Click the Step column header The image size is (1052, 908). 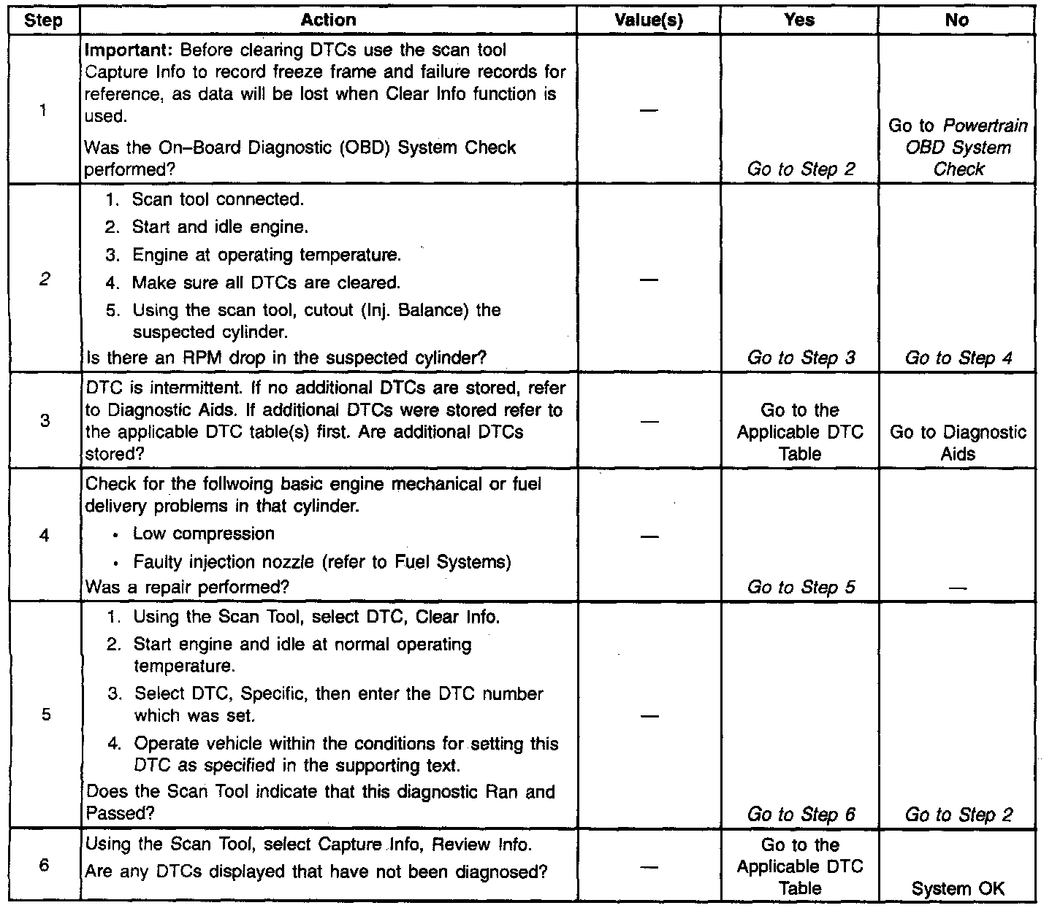tap(44, 21)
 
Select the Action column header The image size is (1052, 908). tap(328, 21)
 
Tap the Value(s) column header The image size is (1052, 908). tap(649, 21)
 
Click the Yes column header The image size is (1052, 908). tap(798, 21)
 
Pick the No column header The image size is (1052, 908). tap(956, 21)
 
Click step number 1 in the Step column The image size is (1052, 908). tap(44, 111)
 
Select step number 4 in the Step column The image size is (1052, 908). tap(45, 536)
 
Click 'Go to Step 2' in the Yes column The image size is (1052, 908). tap(801, 169)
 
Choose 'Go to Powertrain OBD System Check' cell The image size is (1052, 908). tap(958, 147)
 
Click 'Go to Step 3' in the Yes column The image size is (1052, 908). tap(801, 358)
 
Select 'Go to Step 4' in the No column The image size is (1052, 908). tap(958, 358)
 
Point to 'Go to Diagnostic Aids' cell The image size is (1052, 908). tap(958, 443)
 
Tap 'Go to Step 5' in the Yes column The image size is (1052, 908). tap(801, 587)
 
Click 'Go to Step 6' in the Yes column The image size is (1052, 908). tap(801, 815)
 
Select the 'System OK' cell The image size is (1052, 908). tap(958, 888)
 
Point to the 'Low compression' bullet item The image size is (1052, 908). tap(203, 534)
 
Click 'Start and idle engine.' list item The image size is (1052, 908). tap(220, 227)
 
